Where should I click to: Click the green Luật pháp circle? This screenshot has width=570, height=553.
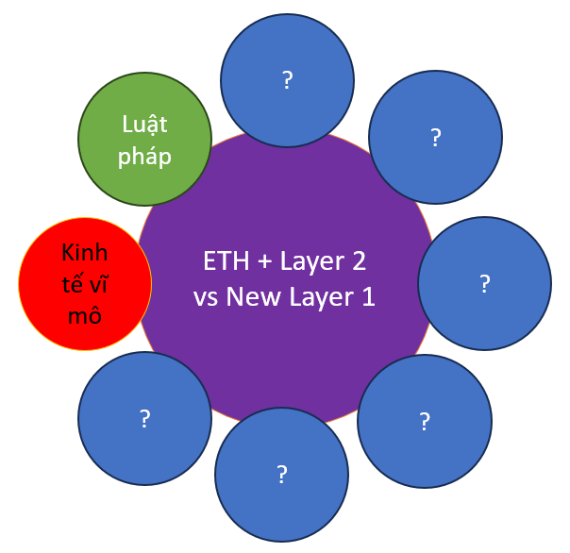[144, 139]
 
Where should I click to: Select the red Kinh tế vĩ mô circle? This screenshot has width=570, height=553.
[85, 284]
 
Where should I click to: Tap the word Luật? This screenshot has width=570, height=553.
[144, 125]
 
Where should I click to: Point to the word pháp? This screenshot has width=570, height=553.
[144, 158]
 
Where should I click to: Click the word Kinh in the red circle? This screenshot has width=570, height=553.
[85, 252]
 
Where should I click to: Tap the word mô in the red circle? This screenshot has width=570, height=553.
[85, 315]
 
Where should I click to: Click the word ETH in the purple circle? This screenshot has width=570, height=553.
[226, 260]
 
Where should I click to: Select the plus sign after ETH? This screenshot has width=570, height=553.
[264, 261]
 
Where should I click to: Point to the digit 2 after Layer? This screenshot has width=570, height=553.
[359, 260]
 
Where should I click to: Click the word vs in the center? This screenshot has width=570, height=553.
[206, 298]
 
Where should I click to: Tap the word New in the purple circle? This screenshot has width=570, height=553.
[253, 296]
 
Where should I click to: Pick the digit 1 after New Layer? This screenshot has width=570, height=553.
[369, 296]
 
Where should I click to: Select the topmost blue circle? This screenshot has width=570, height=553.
[287, 80]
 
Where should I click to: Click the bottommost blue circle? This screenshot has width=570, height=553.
[282, 475]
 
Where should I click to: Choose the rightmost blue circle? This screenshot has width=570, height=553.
[484, 284]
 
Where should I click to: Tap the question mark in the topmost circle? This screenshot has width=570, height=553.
[287, 80]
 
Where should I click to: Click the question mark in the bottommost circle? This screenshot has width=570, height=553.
[282, 474]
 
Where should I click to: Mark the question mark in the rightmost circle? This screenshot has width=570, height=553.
[484, 284]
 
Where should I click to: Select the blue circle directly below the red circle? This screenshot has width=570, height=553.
[144, 418]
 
